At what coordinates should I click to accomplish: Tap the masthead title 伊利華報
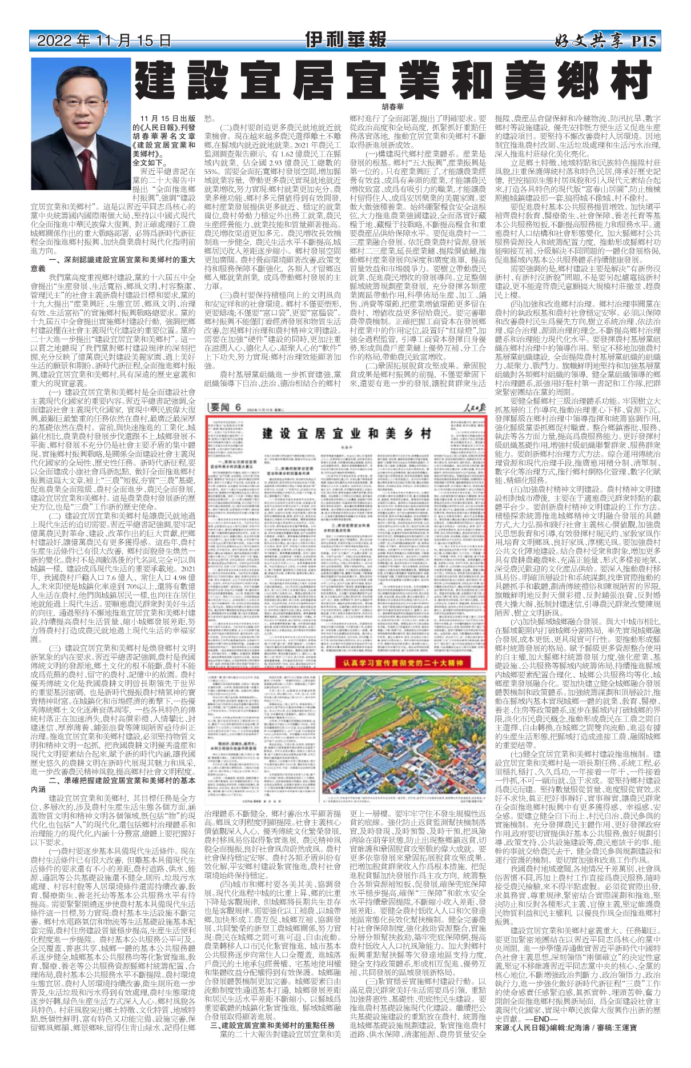coord(345,40)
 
